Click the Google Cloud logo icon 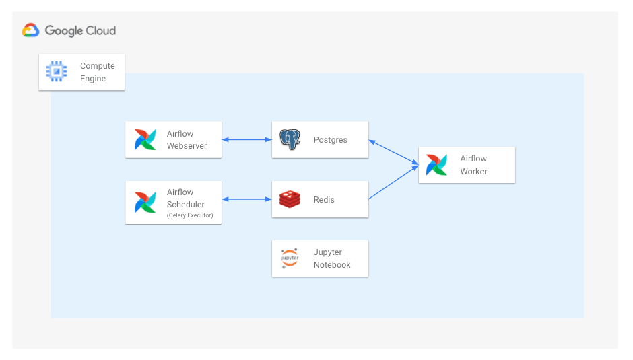point(31,30)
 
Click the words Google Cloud point(80,31)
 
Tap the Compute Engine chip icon point(57,71)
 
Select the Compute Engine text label point(97,72)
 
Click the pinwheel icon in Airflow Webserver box point(145,140)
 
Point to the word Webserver point(187,146)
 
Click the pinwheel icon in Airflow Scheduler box point(145,202)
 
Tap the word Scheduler point(186,204)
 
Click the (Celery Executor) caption point(190,215)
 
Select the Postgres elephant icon point(290,140)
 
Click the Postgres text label point(330,140)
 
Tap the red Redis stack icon point(290,199)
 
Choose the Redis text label point(324,199)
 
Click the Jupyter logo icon point(290,258)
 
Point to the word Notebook point(332,264)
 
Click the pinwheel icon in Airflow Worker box point(436,165)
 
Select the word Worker point(473,171)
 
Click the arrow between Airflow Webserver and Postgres point(246,140)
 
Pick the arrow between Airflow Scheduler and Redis point(246,199)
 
